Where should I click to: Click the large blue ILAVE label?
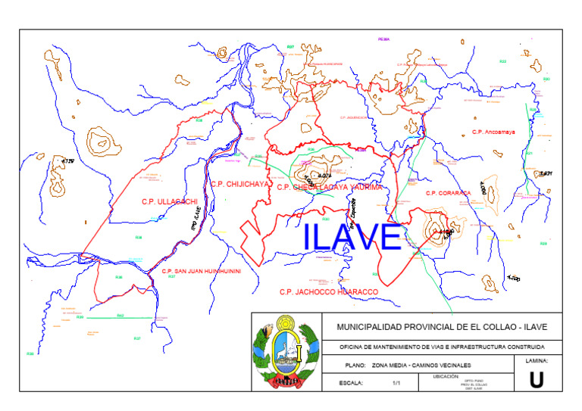(352, 238)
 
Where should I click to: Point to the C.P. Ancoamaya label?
(493, 132)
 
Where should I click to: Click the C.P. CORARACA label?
(449, 193)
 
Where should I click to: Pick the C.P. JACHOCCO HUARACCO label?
(328, 291)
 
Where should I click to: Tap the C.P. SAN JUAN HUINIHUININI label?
(201, 271)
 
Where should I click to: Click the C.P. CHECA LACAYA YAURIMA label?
(330, 187)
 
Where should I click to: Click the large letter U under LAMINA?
(536, 380)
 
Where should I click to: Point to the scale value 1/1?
(396, 383)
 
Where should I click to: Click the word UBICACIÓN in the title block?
(446, 375)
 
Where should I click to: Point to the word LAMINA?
(536, 361)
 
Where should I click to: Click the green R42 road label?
(120, 315)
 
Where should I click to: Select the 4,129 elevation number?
(69, 161)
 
